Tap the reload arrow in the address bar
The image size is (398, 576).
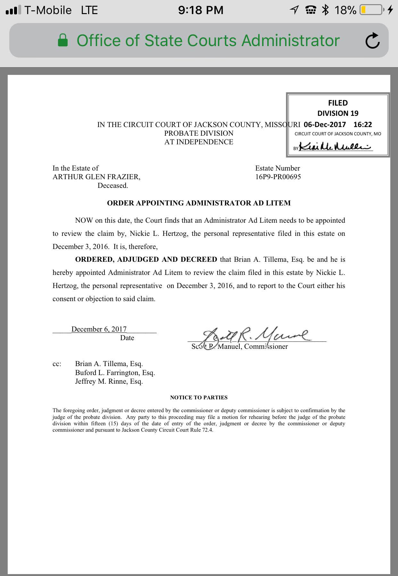pyautogui.click(x=372, y=41)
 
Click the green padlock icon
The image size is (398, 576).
pyautogui.click(x=63, y=41)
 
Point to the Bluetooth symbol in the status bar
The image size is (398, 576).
pyautogui.click(x=326, y=10)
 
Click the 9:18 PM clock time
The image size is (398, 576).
pyautogui.click(x=201, y=10)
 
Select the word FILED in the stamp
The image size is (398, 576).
pyautogui.click(x=338, y=103)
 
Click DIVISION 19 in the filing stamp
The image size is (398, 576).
pyautogui.click(x=338, y=113)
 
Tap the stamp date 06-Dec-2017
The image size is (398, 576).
pyautogui.click(x=325, y=124)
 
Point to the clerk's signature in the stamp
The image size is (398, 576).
pyautogui.click(x=335, y=147)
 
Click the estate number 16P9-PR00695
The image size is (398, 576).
pyautogui.click(x=278, y=177)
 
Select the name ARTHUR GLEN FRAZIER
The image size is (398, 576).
pyautogui.click(x=96, y=177)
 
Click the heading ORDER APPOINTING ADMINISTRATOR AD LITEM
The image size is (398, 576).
pyautogui.click(x=199, y=203)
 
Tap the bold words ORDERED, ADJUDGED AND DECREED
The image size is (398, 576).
pyautogui.click(x=146, y=259)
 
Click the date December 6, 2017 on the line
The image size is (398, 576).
pyautogui.click(x=99, y=329)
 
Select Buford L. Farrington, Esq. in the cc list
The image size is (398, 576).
pyautogui.click(x=115, y=372)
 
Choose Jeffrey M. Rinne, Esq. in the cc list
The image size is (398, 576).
pyautogui.click(x=109, y=381)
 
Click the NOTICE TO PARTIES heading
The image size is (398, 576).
pyautogui.click(x=199, y=397)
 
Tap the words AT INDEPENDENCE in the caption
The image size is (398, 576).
pyautogui.click(x=199, y=142)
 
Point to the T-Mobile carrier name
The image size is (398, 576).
pyautogui.click(x=48, y=10)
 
